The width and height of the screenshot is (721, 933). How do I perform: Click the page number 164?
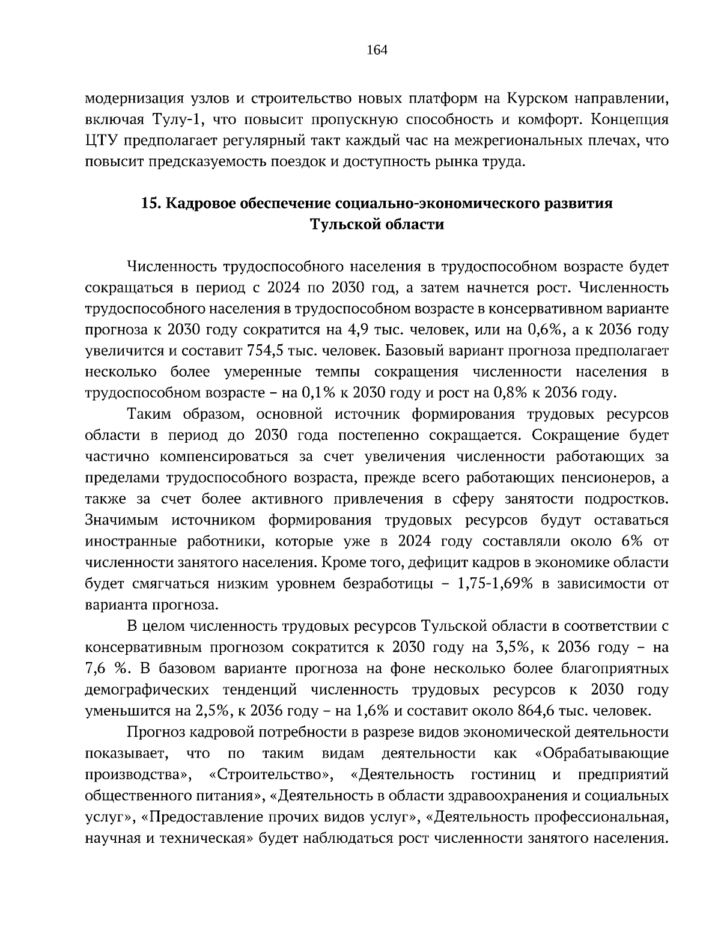tap(377, 50)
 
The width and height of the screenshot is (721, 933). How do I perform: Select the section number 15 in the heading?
tap(150, 203)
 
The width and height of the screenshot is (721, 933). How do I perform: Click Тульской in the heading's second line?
tap(342, 225)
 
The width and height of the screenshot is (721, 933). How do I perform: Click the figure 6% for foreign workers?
tap(629, 541)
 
